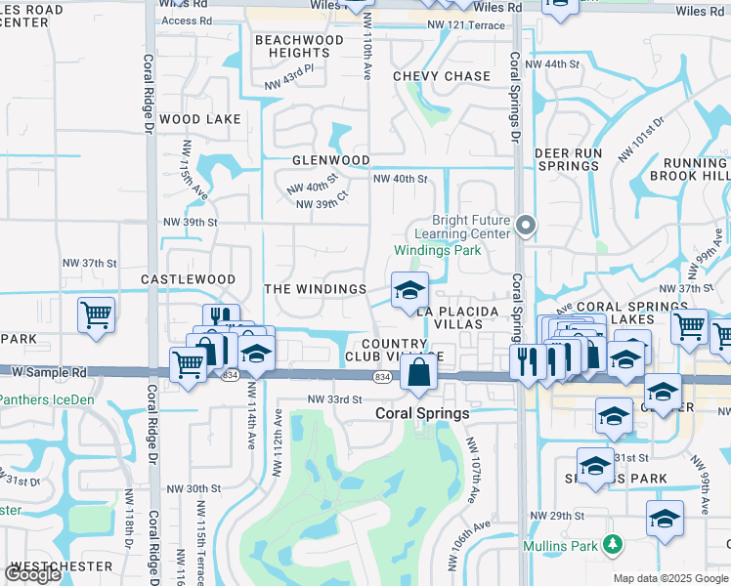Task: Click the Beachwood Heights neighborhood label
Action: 299,46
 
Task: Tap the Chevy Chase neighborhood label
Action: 442,76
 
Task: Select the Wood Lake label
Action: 199,119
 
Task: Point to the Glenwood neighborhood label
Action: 330,160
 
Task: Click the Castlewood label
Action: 188,279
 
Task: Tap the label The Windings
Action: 316,289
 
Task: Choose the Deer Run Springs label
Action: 568,159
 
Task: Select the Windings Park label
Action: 438,250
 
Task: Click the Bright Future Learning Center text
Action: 463,228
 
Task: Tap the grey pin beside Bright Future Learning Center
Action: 526,226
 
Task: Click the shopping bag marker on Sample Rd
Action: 418,373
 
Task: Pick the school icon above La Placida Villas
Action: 409,290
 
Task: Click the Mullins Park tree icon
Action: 614,542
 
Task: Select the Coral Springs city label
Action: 423,413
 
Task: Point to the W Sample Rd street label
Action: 43,372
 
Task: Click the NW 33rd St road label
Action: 335,399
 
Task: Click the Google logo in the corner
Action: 32,574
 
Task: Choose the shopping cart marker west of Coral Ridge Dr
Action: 97,315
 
